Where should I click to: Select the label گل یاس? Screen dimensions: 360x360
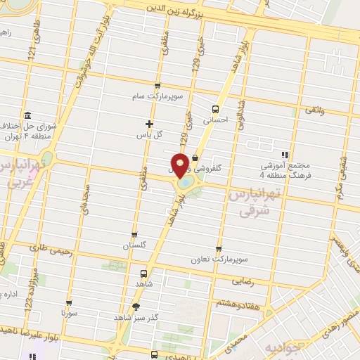(x=149, y=134)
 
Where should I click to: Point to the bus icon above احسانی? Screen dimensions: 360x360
(x=215, y=109)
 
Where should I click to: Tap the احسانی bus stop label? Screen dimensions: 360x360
(x=216, y=120)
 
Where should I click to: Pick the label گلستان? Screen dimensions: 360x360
(x=134, y=246)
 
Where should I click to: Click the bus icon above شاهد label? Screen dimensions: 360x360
(x=144, y=273)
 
